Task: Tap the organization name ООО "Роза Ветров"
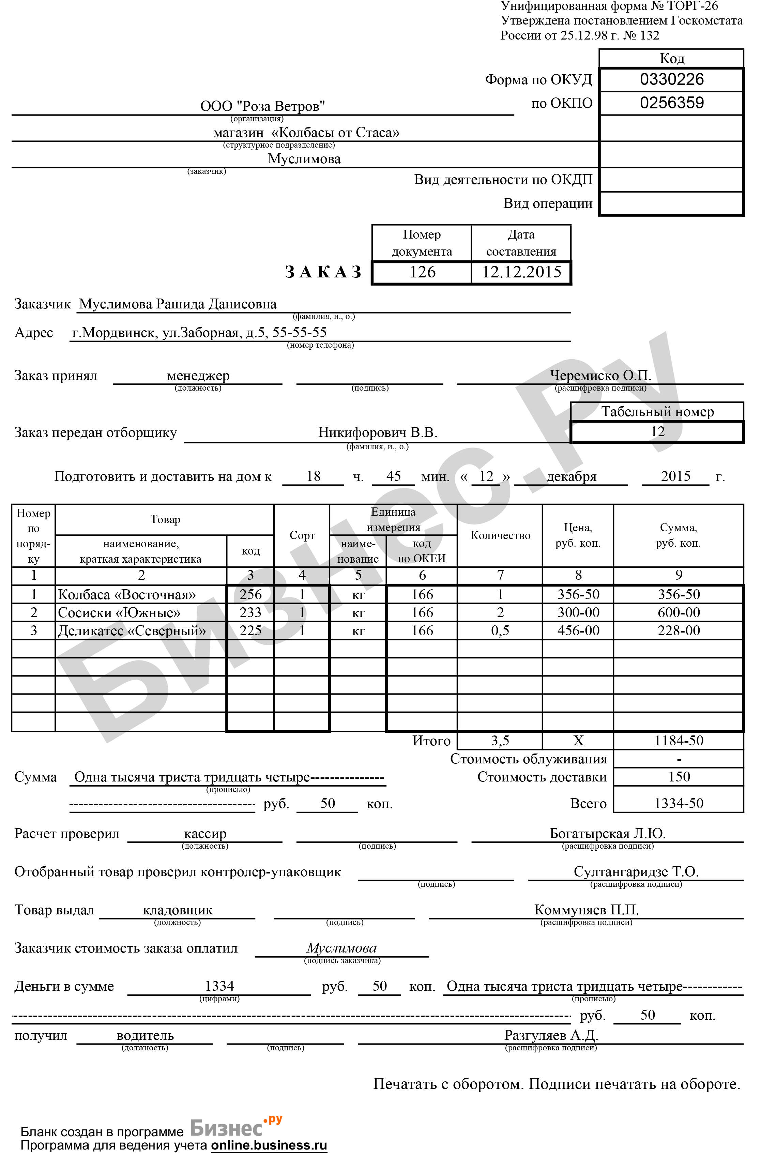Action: click(x=263, y=106)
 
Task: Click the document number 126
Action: click(x=422, y=272)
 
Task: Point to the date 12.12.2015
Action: click(x=521, y=272)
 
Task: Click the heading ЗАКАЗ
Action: click(x=324, y=272)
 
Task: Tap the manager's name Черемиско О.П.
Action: click(x=600, y=375)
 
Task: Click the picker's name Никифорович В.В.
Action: click(x=378, y=432)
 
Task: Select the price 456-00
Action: click(x=578, y=630)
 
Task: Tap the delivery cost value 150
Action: click(x=679, y=777)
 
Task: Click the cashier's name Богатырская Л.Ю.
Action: click(x=608, y=834)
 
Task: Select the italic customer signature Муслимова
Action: click(x=341, y=948)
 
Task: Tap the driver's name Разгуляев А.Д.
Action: click(x=551, y=1035)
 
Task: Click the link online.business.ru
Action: click(x=269, y=1145)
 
